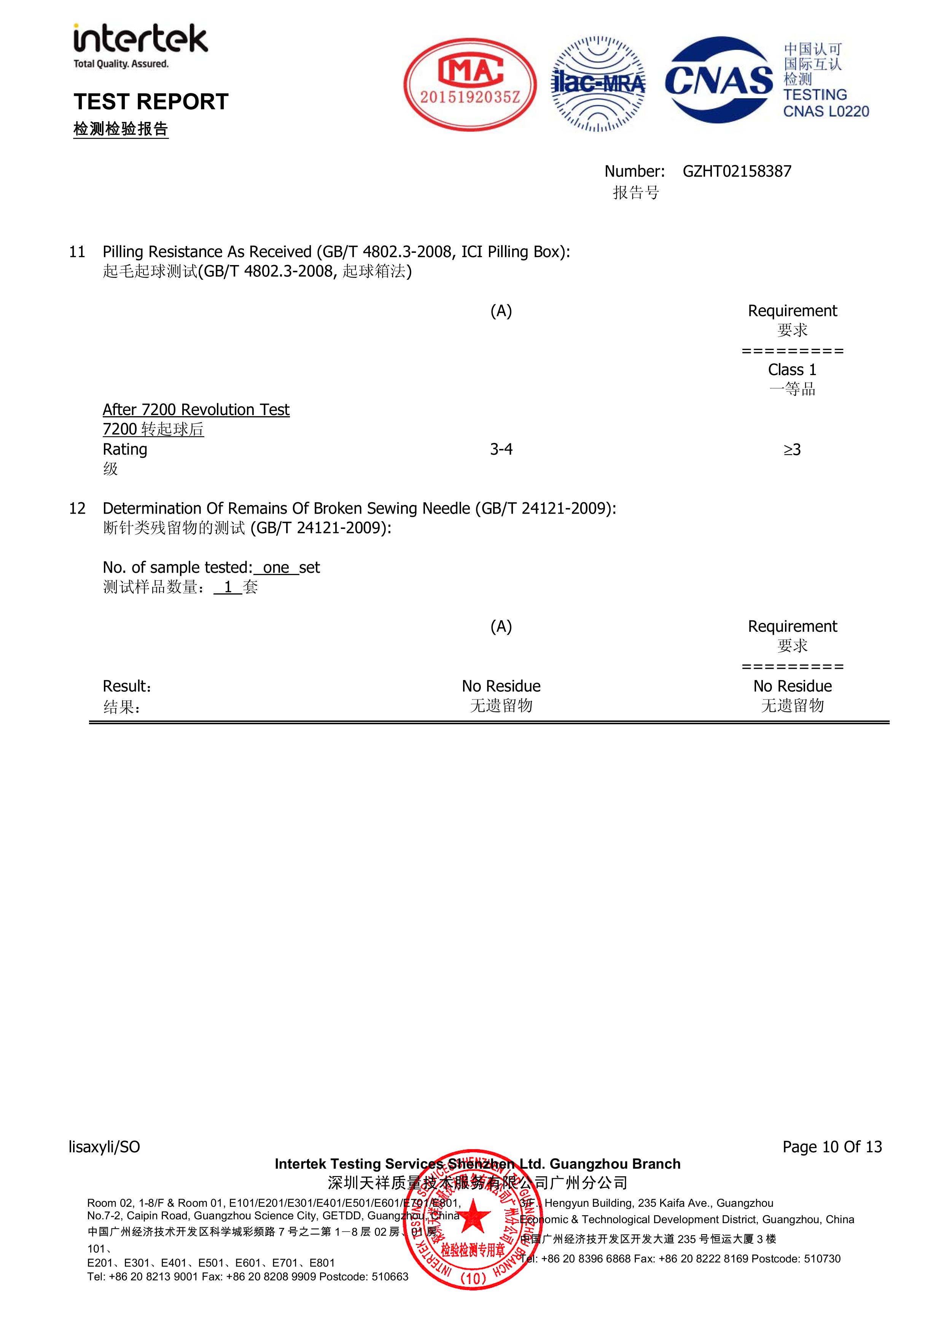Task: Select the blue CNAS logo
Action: click(x=720, y=80)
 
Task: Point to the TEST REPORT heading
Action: click(x=151, y=102)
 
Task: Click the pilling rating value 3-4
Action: click(x=501, y=449)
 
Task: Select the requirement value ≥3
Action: click(x=792, y=450)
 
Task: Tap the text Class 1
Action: click(x=792, y=370)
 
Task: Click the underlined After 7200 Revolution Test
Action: click(x=196, y=410)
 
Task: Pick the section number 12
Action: click(x=77, y=508)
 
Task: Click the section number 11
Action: click(x=77, y=252)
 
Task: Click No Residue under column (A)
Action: click(x=501, y=686)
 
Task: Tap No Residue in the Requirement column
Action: click(x=792, y=686)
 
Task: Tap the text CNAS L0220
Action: click(x=826, y=111)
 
